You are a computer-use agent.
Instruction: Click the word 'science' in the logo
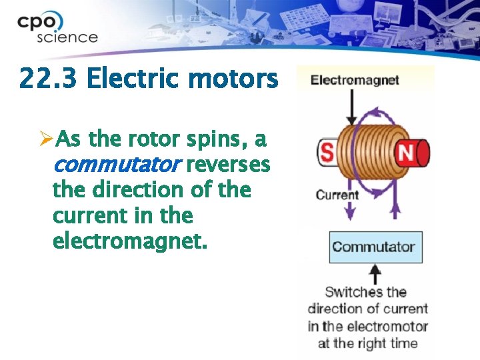67,37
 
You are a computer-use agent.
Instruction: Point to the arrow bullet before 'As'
45,139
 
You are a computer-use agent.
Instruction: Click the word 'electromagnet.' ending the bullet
130,240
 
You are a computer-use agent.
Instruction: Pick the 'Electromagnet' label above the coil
355,81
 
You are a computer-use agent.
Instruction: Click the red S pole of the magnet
327,153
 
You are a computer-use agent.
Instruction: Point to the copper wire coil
367,153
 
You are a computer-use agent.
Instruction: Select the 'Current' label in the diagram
337,195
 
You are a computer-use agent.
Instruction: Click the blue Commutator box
375,247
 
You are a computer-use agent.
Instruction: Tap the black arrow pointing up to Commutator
375,273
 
